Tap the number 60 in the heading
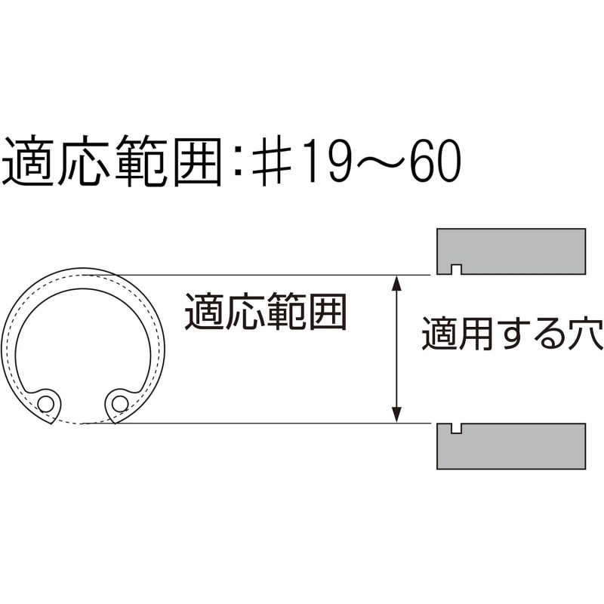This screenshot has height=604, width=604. pos(435,161)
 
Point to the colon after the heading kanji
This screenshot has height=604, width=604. pos(239,161)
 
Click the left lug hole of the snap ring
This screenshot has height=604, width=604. pos(46,404)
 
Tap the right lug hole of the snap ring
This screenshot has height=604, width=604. pos(120,404)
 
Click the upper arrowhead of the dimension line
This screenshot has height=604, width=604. pos(397,282)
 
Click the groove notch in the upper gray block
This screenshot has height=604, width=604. pos(457,270)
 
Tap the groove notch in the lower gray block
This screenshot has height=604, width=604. pos(457,428)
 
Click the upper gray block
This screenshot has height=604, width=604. pos(511,251)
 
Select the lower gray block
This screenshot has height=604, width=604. pos(511,446)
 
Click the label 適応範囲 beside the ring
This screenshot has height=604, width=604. pos(267,311)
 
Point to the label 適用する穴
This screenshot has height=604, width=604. pos(513,334)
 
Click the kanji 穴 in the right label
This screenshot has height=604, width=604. pos(585,334)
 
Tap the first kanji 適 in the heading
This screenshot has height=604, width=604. pos(29,161)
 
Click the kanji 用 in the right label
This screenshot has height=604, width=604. pos(476,334)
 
